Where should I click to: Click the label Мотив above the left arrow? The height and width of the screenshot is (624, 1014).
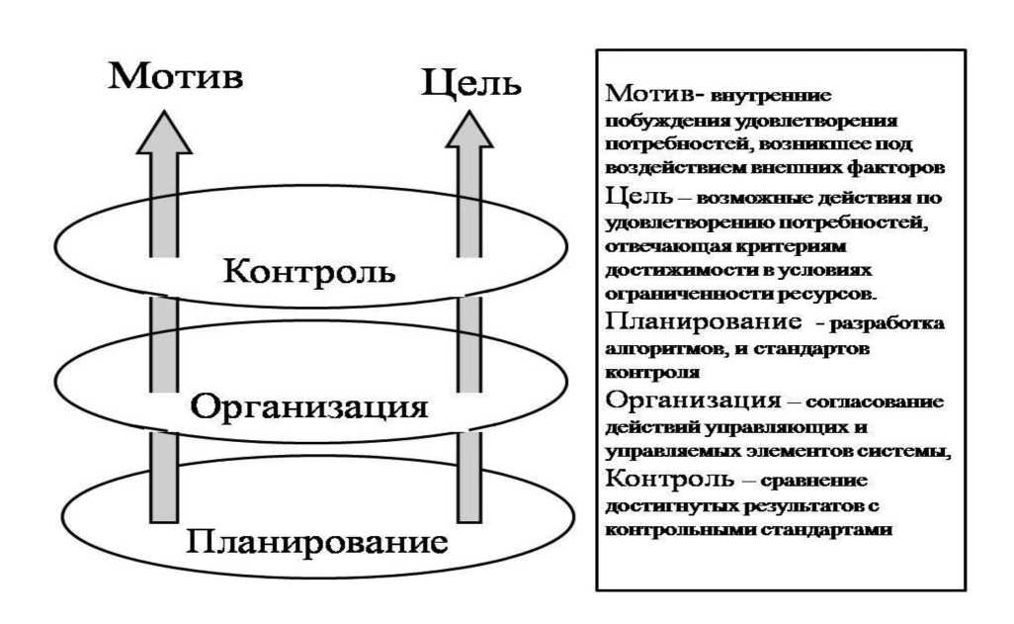click(176, 76)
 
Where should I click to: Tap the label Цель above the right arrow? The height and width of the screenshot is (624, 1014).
click(470, 81)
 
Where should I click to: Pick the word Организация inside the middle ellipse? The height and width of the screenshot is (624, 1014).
click(308, 406)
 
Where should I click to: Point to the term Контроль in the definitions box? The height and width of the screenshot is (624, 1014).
click(669, 479)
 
